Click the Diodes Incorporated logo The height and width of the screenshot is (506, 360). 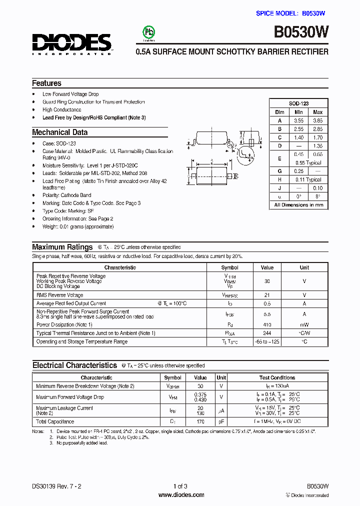pos(72,44)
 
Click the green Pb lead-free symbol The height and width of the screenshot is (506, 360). pos(149,32)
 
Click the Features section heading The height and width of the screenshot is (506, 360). pos(46,83)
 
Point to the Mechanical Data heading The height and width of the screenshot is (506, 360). pos(59,132)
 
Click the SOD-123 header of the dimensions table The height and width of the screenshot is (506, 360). pos(298,103)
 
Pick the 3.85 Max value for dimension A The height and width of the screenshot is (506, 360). pos(317,120)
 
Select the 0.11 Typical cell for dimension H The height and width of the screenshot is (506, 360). pos(308,179)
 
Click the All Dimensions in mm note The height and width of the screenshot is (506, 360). pos(298,205)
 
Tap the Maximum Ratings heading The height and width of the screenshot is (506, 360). pos(62,247)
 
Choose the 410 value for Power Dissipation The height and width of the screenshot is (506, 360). pos(267,324)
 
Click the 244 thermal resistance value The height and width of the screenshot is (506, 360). pos(267,333)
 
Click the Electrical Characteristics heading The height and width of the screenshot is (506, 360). pos(74,365)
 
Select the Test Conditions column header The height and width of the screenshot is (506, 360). pos(277,378)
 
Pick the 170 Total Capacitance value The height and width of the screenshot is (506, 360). pos(200,422)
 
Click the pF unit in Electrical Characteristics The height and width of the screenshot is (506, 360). pos(221,422)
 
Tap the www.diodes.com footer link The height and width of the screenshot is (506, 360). pos(181,495)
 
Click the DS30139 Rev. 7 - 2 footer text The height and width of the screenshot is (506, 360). pos(56,486)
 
